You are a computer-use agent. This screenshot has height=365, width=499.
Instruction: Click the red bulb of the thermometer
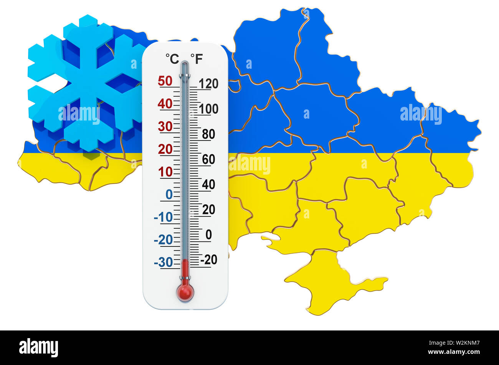185,292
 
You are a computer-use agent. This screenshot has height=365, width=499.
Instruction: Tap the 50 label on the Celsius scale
165,81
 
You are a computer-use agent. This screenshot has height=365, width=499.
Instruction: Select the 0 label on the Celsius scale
169,195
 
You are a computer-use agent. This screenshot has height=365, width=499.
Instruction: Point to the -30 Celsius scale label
163,263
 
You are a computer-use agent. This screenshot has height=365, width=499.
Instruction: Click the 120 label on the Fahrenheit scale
209,83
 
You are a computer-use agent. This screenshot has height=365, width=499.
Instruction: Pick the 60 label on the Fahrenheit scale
208,159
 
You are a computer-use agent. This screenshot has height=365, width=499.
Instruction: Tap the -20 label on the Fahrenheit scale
208,260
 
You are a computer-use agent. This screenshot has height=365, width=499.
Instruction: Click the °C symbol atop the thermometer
172,59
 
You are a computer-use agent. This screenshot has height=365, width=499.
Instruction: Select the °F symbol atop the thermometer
197,59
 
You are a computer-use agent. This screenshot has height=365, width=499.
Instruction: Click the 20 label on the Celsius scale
165,149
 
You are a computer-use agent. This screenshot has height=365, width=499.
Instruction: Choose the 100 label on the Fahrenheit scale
209,109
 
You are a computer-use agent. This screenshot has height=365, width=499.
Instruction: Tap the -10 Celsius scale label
163,217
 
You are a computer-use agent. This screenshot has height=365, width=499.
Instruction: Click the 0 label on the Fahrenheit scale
208,235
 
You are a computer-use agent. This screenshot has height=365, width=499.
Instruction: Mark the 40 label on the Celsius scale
165,104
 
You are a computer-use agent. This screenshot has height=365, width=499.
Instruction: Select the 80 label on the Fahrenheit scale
208,134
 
